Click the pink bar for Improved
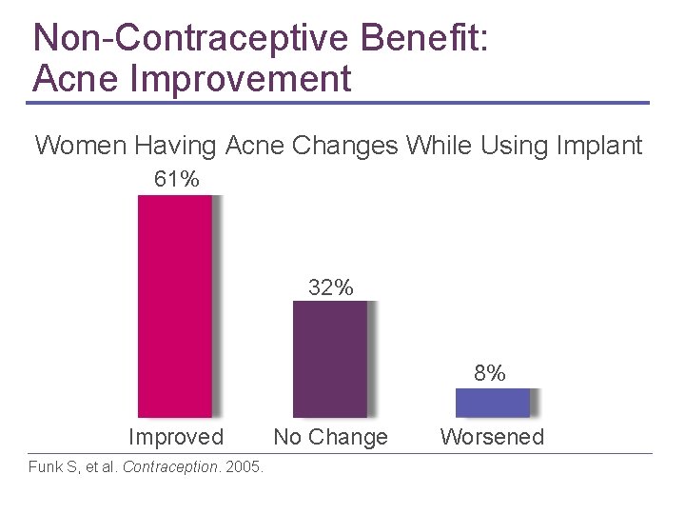click(x=175, y=306)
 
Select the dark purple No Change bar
click(x=329, y=359)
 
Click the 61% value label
click(x=176, y=179)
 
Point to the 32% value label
click(x=330, y=287)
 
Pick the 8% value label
click(x=490, y=373)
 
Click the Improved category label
click(x=176, y=437)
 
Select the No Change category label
click(x=330, y=437)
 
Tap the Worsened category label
click(x=492, y=437)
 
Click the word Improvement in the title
click(x=243, y=77)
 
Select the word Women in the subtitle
click(x=81, y=146)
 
